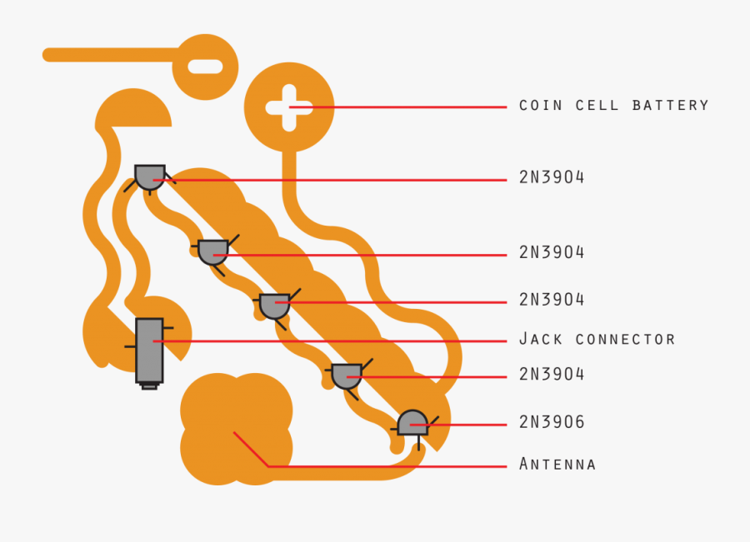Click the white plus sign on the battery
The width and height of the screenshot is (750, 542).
pos(288,107)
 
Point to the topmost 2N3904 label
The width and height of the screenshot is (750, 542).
pos(552,177)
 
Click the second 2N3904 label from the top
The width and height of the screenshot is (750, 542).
pos(552,252)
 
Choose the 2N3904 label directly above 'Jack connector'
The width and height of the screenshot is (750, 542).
pos(552,300)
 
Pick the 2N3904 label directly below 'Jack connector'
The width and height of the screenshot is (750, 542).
pos(552,375)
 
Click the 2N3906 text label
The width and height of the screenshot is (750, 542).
pos(552,423)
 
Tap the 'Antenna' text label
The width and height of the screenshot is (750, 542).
pos(557,464)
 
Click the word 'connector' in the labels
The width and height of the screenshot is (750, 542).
pos(626,340)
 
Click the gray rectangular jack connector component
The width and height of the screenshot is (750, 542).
pos(149,351)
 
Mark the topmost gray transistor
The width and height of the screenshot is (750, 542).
pos(150,177)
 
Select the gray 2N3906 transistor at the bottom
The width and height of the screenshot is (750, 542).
pos(412,423)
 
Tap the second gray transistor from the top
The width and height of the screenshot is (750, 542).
pos(213,251)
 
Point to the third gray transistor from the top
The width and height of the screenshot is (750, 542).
pos(274,306)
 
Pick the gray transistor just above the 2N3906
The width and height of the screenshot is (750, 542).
pos(347,375)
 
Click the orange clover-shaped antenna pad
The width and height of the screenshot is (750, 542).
pos(236,430)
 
